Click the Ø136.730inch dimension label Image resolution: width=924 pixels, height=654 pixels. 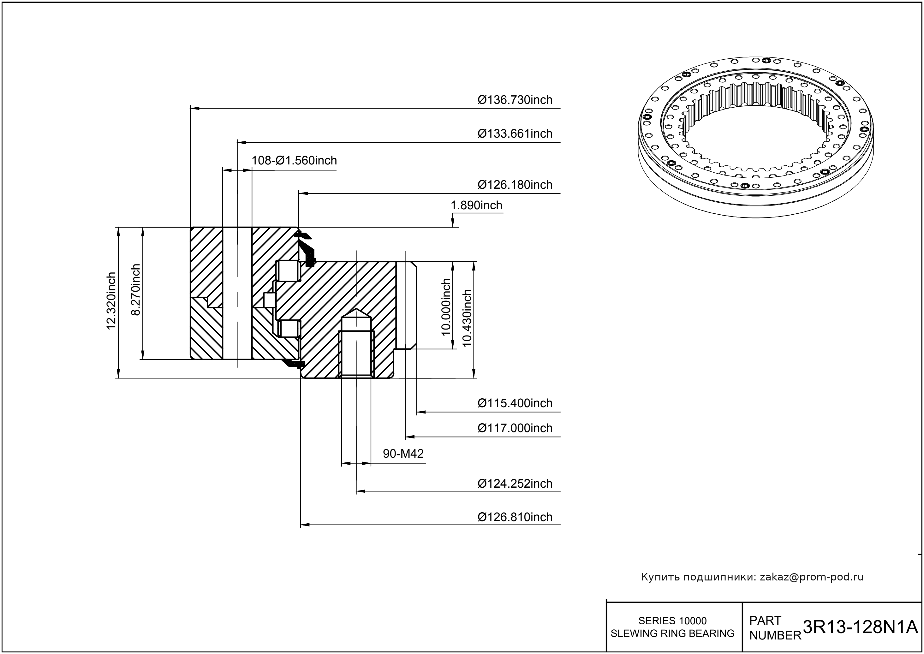click(515, 99)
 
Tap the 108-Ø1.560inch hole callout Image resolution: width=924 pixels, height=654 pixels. click(294, 160)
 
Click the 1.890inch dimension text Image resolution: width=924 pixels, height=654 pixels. click(476, 205)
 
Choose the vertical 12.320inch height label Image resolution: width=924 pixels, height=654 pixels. click(111, 301)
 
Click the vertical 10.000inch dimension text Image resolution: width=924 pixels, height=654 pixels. click(445, 307)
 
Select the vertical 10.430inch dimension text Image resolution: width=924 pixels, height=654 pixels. click(467, 318)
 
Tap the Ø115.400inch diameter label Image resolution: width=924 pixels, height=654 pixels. click(515, 403)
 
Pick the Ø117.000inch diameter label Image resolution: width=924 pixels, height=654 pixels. click(515, 428)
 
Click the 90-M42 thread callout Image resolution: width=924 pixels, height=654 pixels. click(403, 454)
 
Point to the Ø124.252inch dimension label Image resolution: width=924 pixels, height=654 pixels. click(515, 483)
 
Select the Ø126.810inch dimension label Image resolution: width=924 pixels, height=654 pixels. click(515, 517)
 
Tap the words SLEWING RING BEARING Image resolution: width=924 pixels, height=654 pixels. click(672, 633)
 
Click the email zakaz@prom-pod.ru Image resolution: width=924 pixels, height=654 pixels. click(811, 577)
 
